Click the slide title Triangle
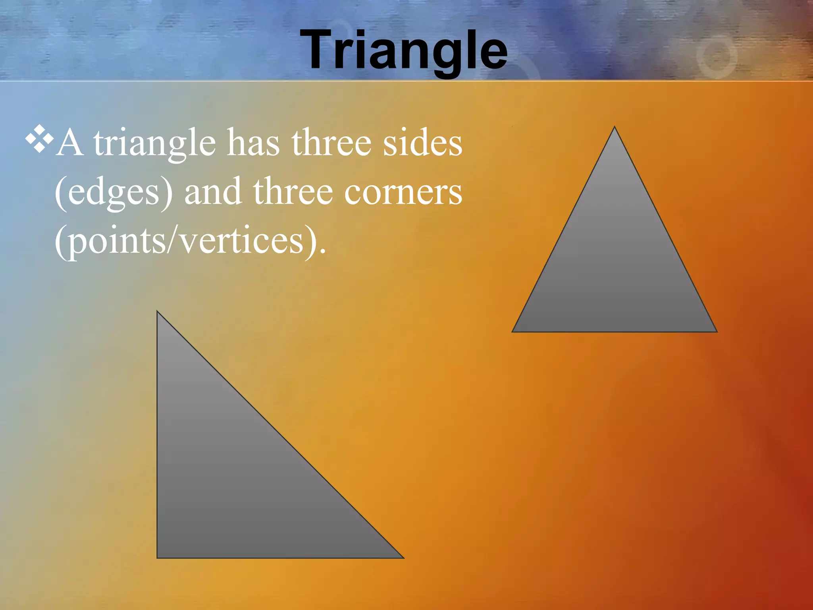(404, 50)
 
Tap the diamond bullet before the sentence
(39, 139)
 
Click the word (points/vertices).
(190, 241)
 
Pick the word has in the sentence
(253, 143)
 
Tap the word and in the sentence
(213, 192)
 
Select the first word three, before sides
(331, 143)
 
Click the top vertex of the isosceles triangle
(615, 127)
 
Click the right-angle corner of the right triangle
(158, 557)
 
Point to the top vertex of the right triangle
(158, 312)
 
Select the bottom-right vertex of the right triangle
(403, 558)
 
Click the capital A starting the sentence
(70, 143)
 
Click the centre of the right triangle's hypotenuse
(280, 435)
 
